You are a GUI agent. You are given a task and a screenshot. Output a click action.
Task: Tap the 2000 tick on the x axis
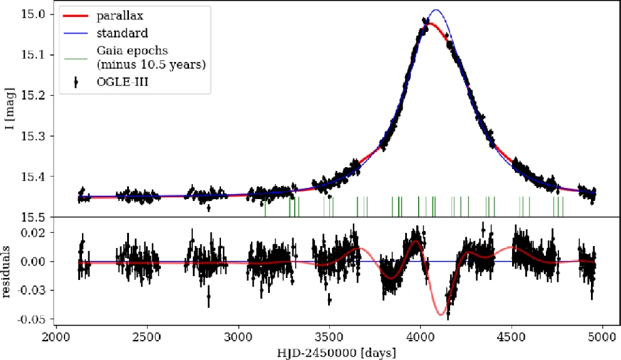tap(56, 336)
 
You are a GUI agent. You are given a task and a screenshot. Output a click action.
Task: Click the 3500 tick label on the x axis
tap(329, 336)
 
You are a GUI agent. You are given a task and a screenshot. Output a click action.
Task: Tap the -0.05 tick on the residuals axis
tap(33, 319)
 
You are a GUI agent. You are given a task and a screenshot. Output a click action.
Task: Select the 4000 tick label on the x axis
tap(420, 336)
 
